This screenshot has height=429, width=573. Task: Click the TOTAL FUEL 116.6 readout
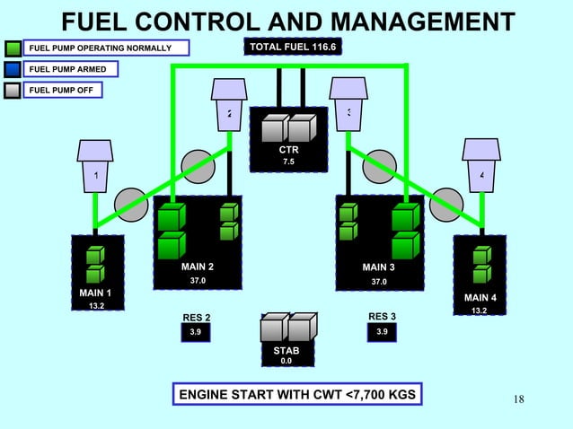tap(293, 47)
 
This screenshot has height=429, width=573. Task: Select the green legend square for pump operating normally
tap(13, 48)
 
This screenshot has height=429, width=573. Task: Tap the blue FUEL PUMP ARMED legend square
tap(13, 69)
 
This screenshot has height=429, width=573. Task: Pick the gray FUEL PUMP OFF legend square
tap(13, 90)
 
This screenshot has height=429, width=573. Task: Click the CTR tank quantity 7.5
tap(288, 162)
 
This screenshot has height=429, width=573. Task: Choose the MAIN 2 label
tap(198, 267)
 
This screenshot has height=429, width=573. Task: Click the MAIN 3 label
tap(378, 267)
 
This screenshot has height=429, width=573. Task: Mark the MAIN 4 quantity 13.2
tap(480, 311)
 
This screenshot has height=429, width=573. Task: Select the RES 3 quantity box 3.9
tap(383, 333)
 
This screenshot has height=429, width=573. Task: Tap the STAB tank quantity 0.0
tap(286, 361)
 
